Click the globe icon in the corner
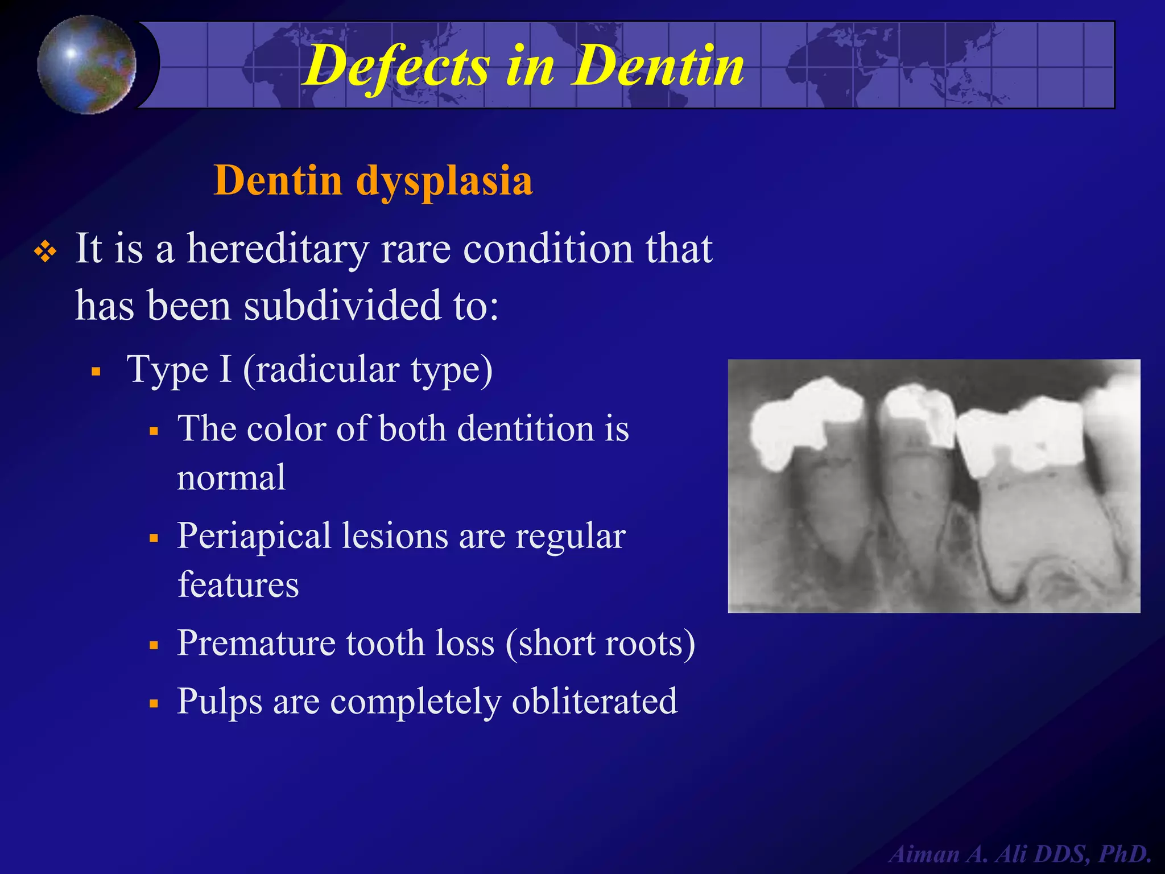pos(86,64)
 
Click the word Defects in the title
pos(396,67)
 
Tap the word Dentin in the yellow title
pos(658,67)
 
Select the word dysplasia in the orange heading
pos(444,181)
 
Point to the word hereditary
pos(278,249)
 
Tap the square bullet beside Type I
pos(96,372)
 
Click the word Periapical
pos(254,536)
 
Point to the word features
pos(238,585)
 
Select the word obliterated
pos(594,701)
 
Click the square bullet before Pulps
pos(153,703)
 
